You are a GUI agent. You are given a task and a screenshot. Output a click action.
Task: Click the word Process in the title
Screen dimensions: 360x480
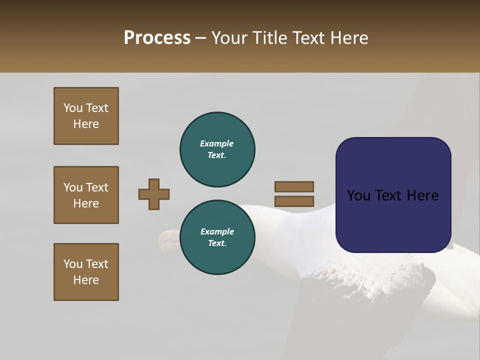click(x=157, y=38)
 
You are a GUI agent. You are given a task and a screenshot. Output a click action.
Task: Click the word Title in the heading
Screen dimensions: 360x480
click(x=270, y=38)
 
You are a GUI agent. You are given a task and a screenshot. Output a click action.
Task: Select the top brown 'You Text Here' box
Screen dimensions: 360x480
click(x=86, y=116)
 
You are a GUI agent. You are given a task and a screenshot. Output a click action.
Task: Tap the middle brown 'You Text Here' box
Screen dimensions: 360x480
click(x=86, y=195)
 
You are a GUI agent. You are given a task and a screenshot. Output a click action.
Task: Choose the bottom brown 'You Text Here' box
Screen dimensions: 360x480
click(x=86, y=272)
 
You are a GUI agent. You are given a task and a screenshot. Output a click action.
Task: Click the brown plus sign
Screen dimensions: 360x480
click(x=154, y=194)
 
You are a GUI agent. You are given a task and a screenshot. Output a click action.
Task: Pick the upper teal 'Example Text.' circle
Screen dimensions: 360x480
click(x=217, y=149)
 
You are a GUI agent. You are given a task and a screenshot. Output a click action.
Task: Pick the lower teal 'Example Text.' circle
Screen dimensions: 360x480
click(x=217, y=237)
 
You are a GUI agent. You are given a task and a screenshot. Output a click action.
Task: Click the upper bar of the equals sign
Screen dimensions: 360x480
click(x=294, y=186)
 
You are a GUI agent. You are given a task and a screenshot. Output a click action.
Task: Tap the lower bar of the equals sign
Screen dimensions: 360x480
click(x=294, y=201)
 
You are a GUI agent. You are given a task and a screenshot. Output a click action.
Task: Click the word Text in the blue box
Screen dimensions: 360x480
click(x=392, y=195)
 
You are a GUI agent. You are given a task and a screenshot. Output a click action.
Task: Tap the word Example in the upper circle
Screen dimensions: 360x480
click(x=217, y=143)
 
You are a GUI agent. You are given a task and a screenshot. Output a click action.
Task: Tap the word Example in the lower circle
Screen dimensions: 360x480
click(x=217, y=231)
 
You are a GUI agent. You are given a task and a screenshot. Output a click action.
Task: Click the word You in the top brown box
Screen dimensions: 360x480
click(x=73, y=108)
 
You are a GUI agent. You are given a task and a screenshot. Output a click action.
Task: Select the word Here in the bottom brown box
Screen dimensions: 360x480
click(x=86, y=280)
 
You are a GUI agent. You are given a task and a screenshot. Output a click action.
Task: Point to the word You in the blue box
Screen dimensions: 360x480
click(x=358, y=195)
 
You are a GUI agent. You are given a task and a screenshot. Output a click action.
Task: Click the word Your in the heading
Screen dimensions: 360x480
click(x=229, y=38)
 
